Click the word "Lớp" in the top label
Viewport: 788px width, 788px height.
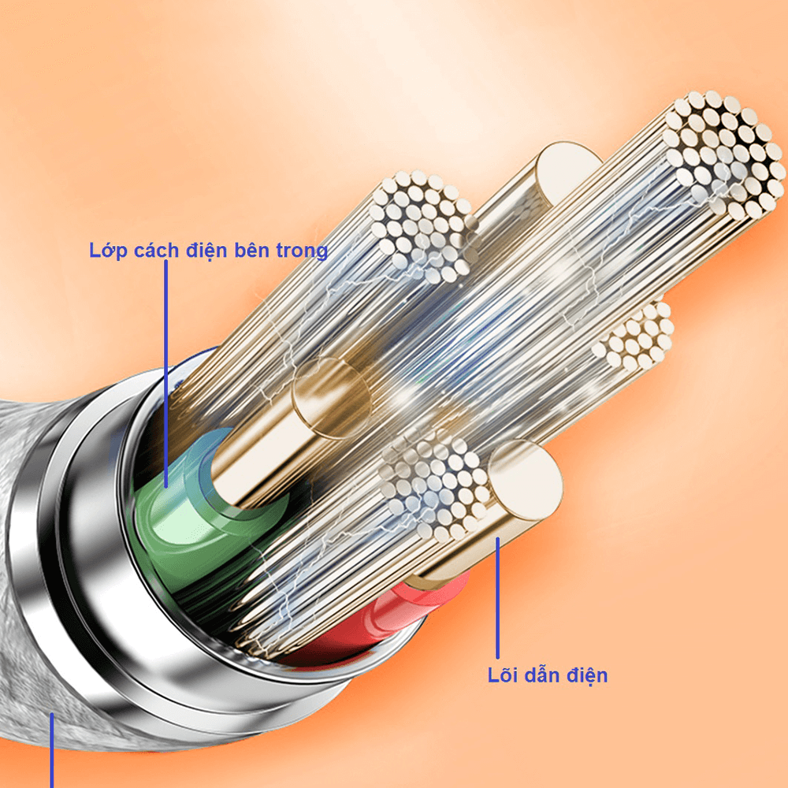pos(108,251)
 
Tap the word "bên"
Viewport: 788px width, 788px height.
pos(252,250)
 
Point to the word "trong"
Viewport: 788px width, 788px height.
pos(302,251)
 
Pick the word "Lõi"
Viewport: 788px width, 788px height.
pos(503,675)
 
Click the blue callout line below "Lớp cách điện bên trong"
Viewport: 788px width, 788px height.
pos(165,374)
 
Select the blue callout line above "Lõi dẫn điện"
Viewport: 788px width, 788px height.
pos(497,597)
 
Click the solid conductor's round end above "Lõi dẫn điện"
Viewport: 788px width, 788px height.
pos(525,480)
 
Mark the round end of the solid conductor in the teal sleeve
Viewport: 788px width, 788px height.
pos(332,397)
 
